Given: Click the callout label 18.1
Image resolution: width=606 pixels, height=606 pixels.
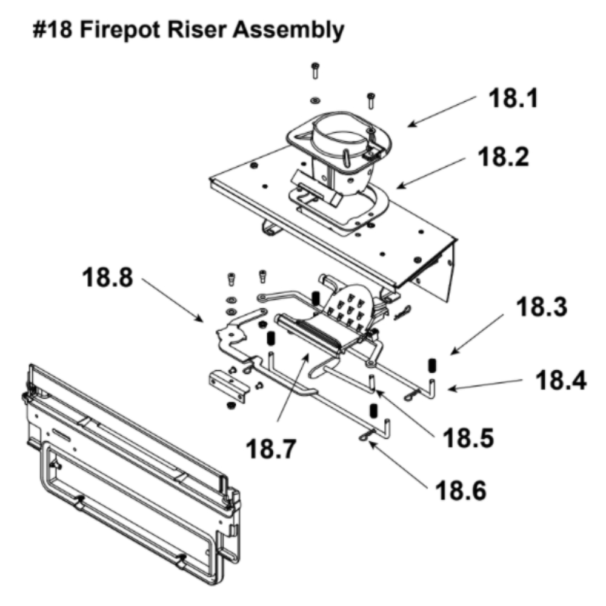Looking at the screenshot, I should tap(513, 99).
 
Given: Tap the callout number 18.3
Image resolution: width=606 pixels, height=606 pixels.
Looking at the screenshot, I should tap(542, 309).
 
